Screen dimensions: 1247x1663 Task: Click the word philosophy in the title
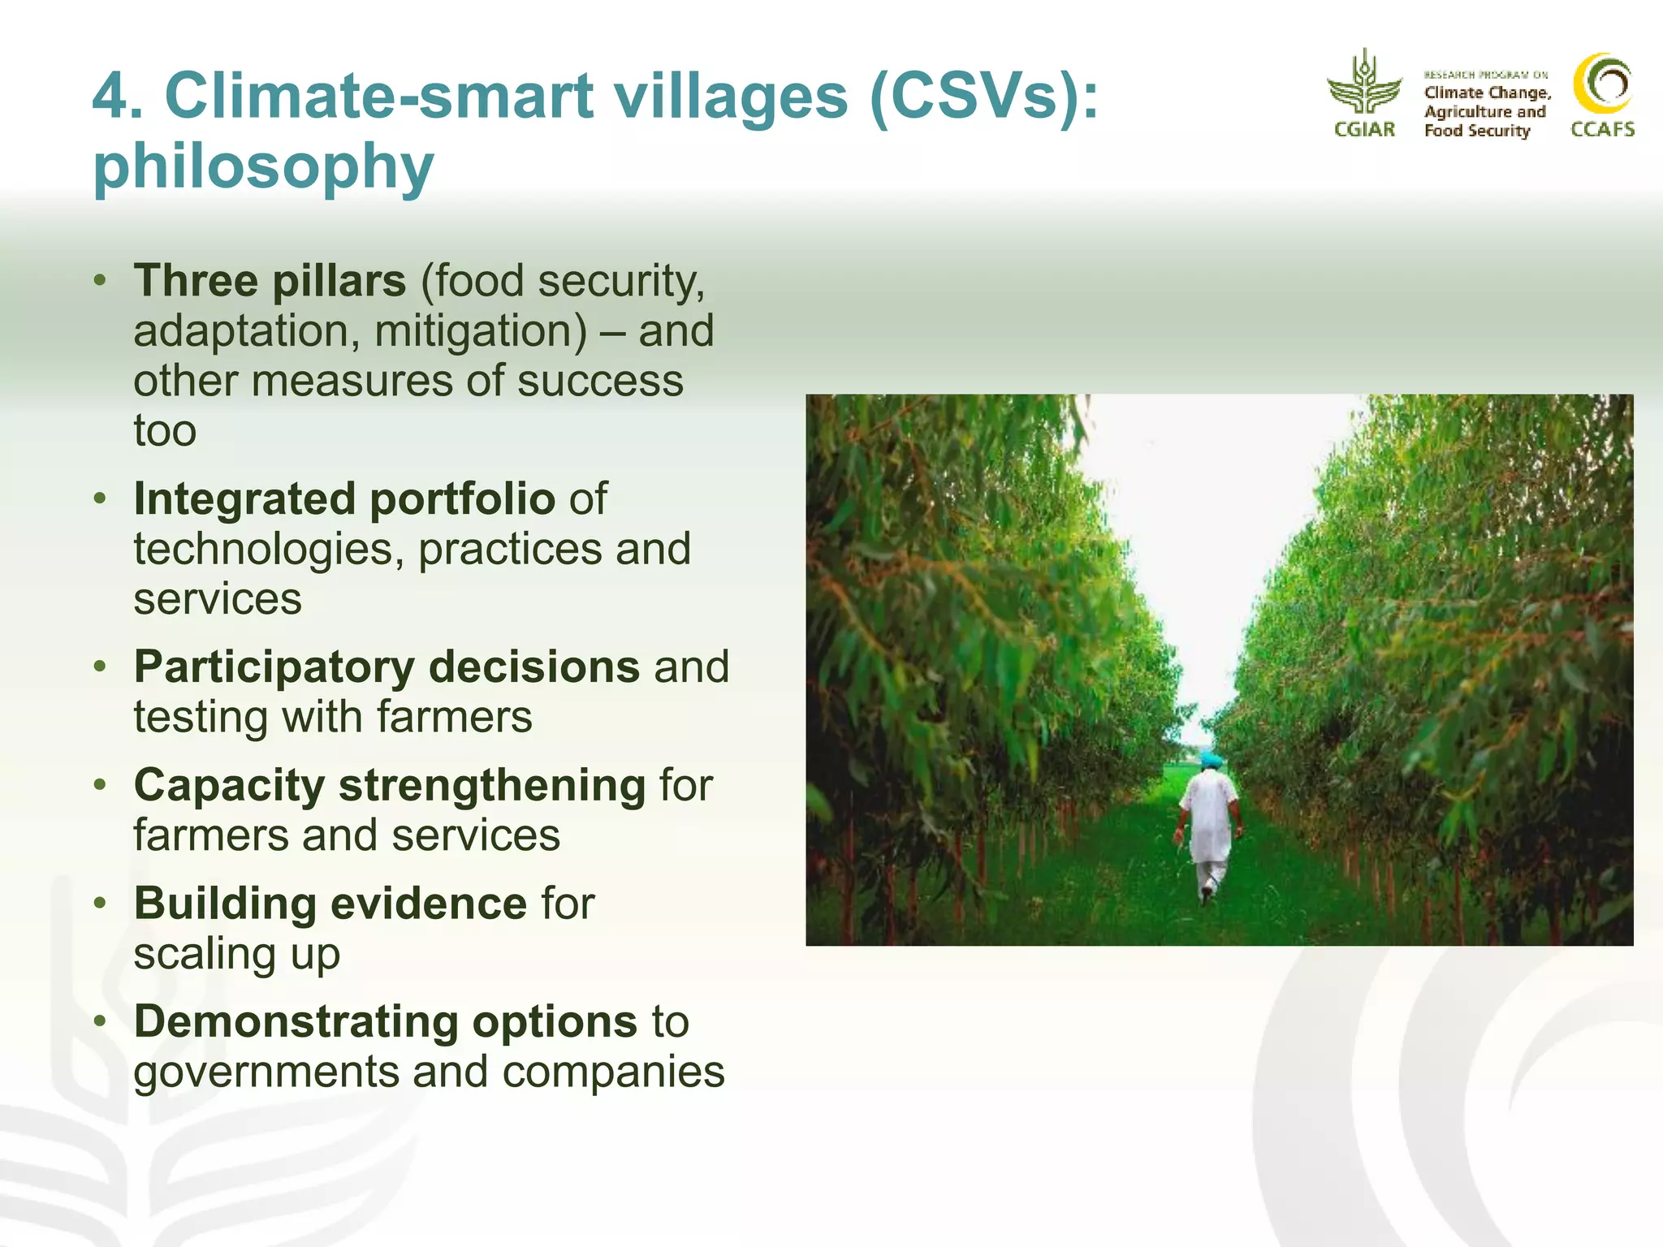coord(263,166)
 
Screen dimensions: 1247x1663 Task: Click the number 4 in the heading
coord(111,97)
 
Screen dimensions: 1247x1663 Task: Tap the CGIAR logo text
coord(1364,129)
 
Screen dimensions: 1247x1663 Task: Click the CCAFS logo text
coord(1602,129)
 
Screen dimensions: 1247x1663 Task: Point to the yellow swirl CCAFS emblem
coord(1602,84)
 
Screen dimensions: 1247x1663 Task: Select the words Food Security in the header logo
coord(1476,131)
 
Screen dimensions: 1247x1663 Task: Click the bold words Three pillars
coord(270,281)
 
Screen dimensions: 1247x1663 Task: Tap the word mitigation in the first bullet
coord(480,331)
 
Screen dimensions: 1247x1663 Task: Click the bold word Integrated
coord(244,498)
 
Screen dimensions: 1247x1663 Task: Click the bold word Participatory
coord(274,667)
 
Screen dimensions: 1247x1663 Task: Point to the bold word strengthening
coord(492,786)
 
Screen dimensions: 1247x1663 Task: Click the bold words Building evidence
coord(330,904)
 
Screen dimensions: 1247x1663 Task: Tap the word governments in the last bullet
coord(266,1072)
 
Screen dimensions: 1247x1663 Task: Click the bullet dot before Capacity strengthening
coord(100,785)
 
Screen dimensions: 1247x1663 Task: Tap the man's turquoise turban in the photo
coord(1211,760)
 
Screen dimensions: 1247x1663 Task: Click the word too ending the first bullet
coord(165,431)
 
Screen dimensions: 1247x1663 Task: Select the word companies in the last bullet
coord(613,1072)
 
